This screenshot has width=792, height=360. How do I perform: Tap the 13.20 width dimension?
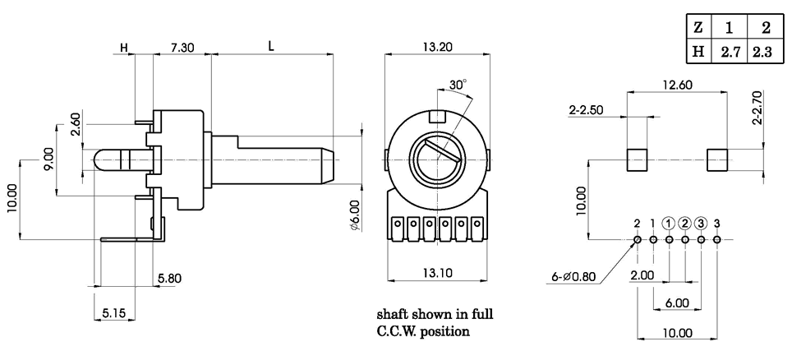tap(440, 48)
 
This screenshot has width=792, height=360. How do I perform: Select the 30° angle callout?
tap(458, 84)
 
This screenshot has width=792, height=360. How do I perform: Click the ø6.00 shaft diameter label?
tap(354, 211)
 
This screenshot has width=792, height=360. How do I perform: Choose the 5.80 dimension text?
tap(168, 279)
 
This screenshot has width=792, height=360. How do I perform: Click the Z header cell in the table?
tap(698, 27)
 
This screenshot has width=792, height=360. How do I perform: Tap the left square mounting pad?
tap(638, 159)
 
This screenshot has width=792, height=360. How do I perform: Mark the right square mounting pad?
tap(717, 159)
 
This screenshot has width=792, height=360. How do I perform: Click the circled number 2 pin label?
tap(685, 223)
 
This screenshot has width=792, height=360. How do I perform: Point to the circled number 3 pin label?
tap(701, 223)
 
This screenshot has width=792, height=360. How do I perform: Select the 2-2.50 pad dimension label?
tap(587, 109)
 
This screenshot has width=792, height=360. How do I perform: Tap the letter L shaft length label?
tap(272, 48)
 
